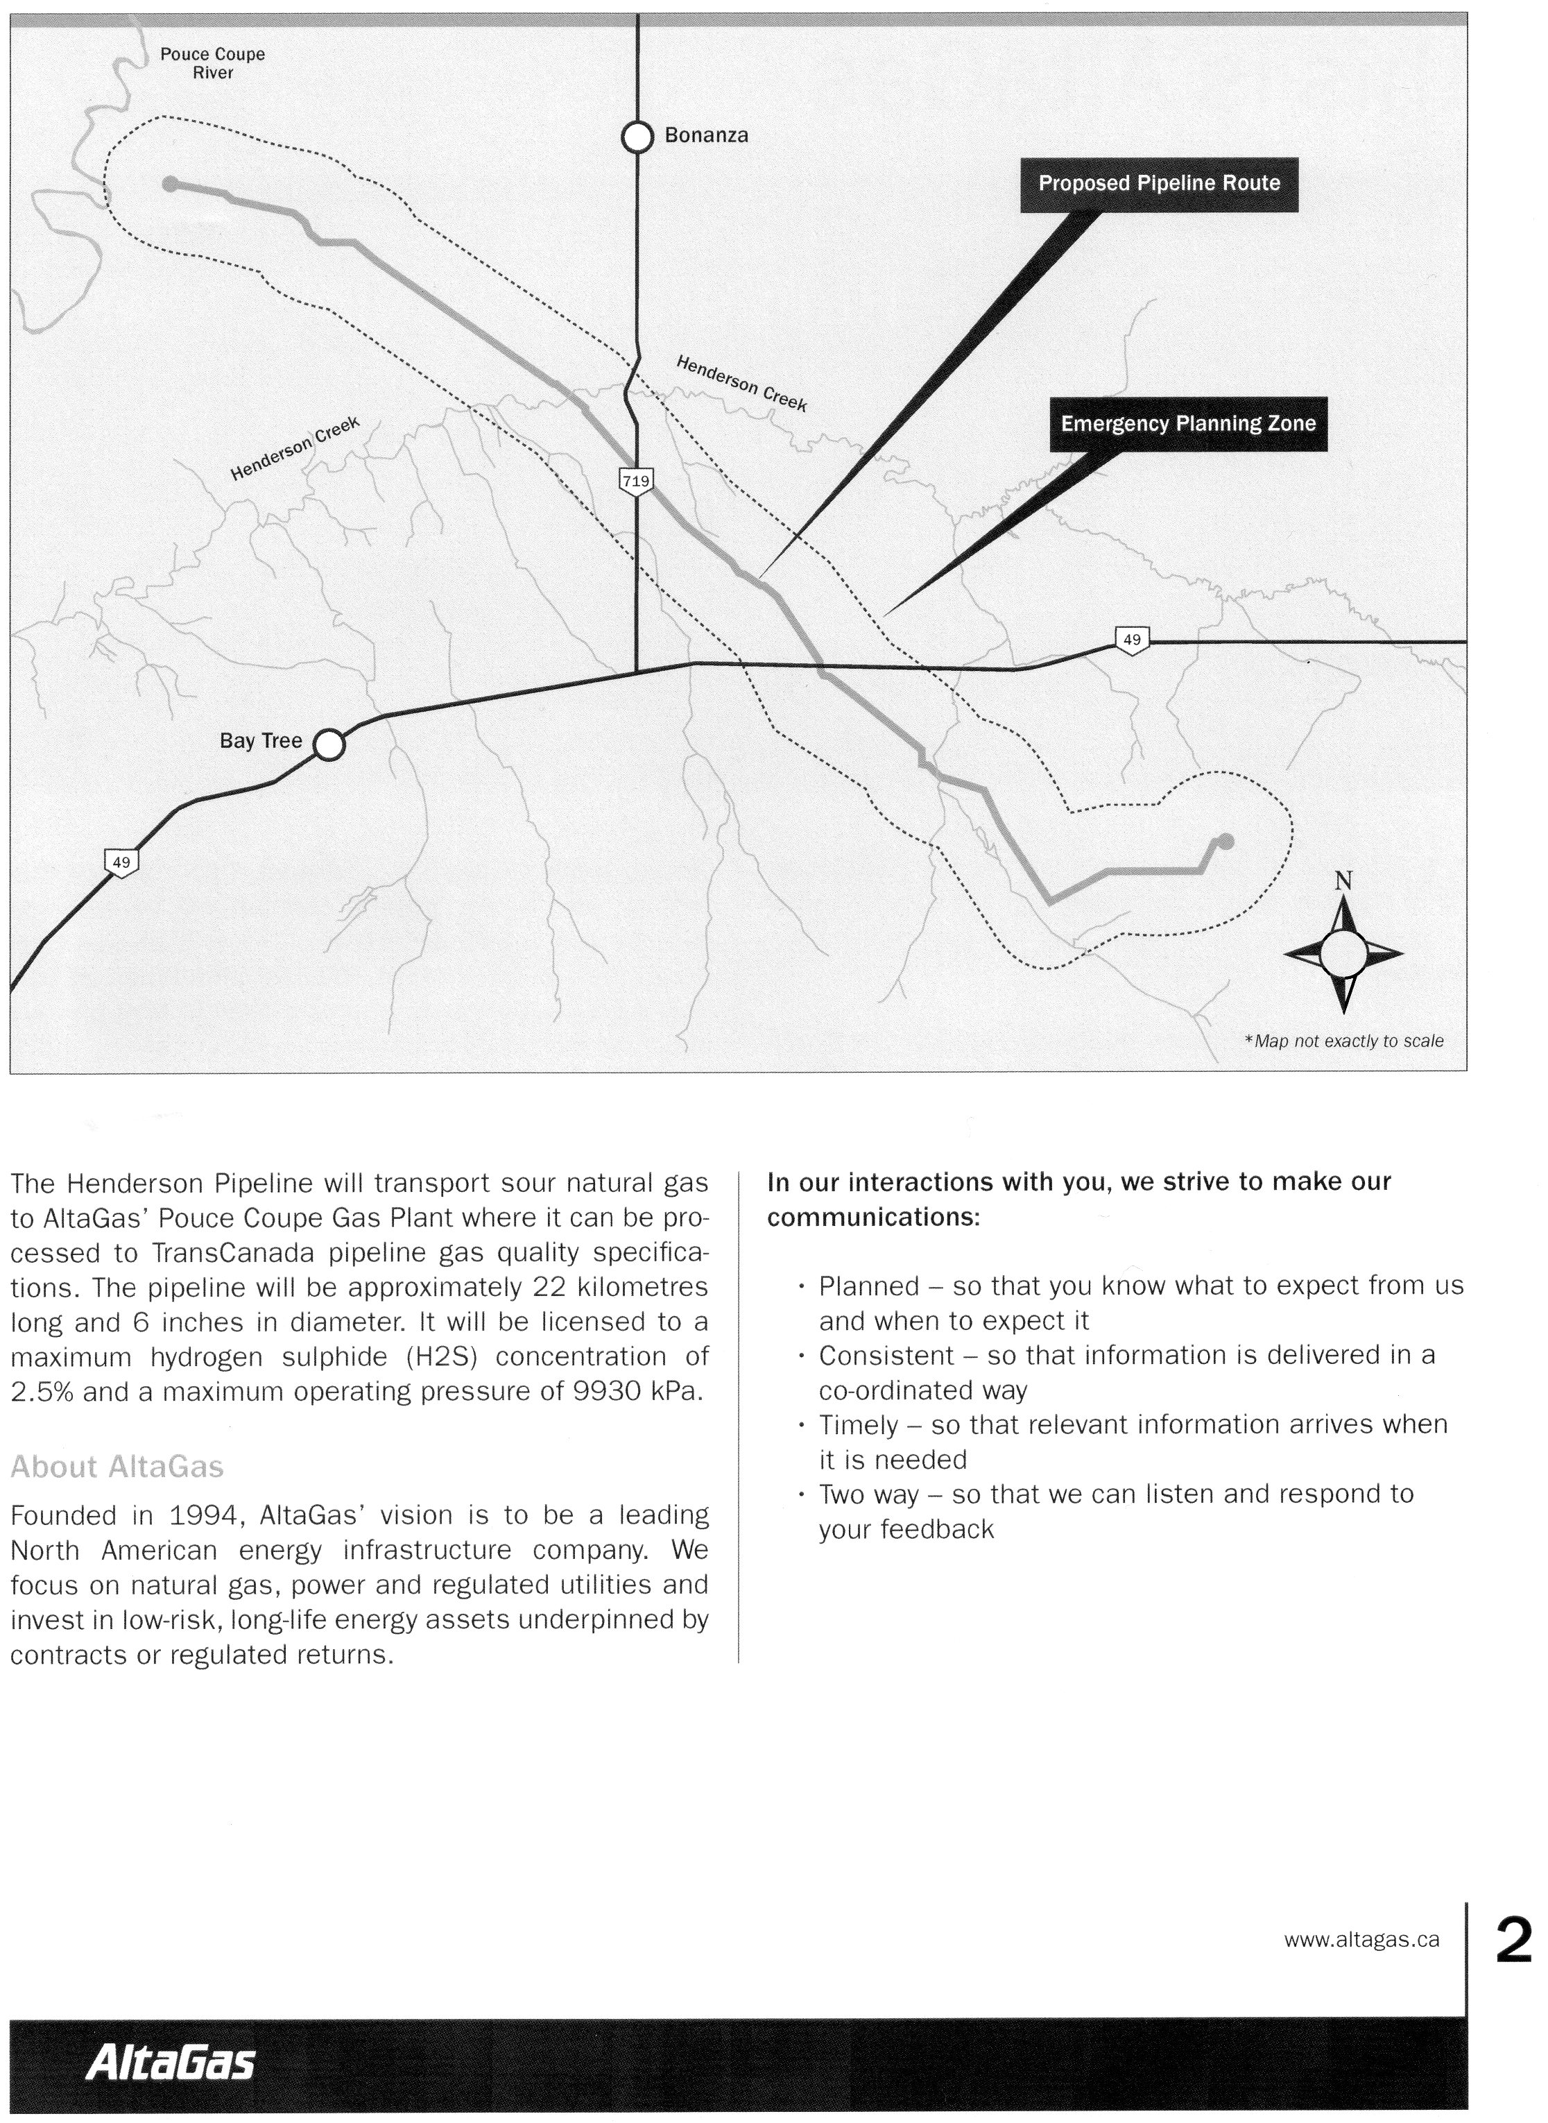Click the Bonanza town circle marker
click(x=637, y=137)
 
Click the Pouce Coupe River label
click(x=213, y=64)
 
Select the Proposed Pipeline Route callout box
click(x=1158, y=184)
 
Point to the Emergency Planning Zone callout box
click(x=1187, y=424)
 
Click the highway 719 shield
click(x=635, y=481)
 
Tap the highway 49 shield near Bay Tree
click(x=121, y=862)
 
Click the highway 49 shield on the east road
click(x=1132, y=640)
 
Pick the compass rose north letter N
click(x=1343, y=881)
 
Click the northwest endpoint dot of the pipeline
click(x=170, y=184)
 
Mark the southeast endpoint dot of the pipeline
click(x=1227, y=842)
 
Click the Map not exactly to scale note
click(x=1343, y=1041)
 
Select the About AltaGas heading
click(x=117, y=1467)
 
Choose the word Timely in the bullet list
click(x=857, y=1425)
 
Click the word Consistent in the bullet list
click(x=886, y=1356)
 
